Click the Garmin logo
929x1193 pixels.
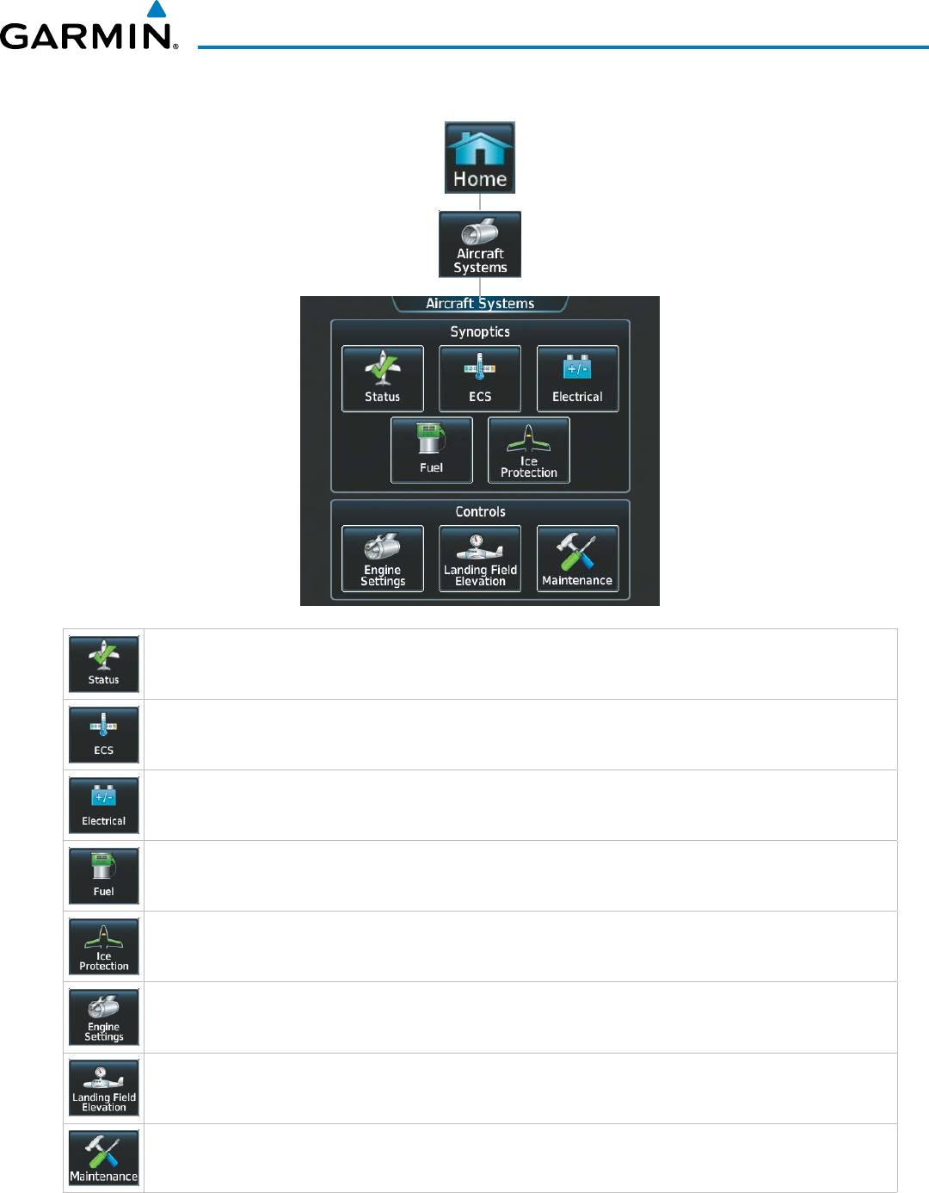(89, 31)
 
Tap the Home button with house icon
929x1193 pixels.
(480, 158)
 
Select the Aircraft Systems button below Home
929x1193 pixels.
(480, 244)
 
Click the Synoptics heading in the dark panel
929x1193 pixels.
(480, 332)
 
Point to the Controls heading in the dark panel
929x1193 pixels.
(480, 512)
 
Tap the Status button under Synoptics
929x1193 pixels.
(383, 379)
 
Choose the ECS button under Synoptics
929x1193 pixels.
(480, 379)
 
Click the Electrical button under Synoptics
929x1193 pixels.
(577, 379)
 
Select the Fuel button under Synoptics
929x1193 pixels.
(432, 450)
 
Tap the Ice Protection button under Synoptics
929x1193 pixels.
(529, 450)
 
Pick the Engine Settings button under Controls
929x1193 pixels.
(383, 559)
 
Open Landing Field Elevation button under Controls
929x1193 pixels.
(480, 559)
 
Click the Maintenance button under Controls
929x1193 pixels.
(577, 559)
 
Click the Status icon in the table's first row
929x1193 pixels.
(104, 664)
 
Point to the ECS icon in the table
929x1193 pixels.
(104, 735)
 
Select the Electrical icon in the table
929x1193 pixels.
(104, 806)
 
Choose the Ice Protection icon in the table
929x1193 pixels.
(104, 947)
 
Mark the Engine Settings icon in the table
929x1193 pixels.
(104, 1017)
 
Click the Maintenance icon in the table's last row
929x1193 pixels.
(104, 1159)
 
